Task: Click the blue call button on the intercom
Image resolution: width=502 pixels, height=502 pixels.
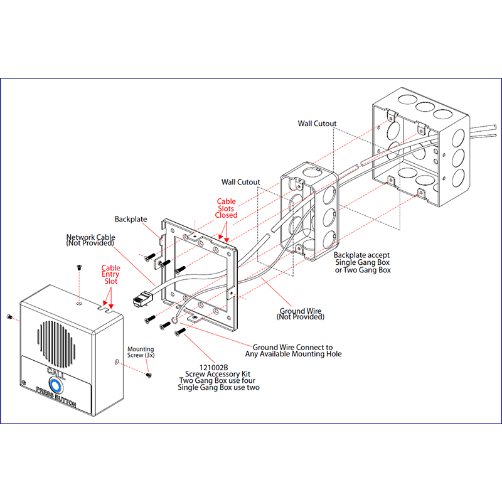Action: pyautogui.click(x=55, y=381)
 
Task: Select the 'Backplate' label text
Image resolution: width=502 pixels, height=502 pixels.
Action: pyautogui.click(x=131, y=220)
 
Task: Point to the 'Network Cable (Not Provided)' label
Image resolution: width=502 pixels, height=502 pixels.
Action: pyautogui.click(x=90, y=240)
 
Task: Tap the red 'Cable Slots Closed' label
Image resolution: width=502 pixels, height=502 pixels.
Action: pyautogui.click(x=227, y=208)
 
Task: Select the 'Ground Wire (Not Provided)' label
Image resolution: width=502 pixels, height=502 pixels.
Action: pyautogui.click(x=301, y=314)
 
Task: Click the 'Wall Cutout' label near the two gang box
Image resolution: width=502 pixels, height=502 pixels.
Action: pyautogui.click(x=317, y=124)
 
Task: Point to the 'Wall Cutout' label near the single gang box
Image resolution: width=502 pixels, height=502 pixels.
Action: pyautogui.click(x=240, y=182)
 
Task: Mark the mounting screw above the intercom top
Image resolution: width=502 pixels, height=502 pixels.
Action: pyautogui.click(x=80, y=267)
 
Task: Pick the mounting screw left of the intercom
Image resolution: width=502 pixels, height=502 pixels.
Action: pyautogui.click(x=8, y=316)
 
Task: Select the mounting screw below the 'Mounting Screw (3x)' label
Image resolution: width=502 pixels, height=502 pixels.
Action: pyautogui.click(x=149, y=375)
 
